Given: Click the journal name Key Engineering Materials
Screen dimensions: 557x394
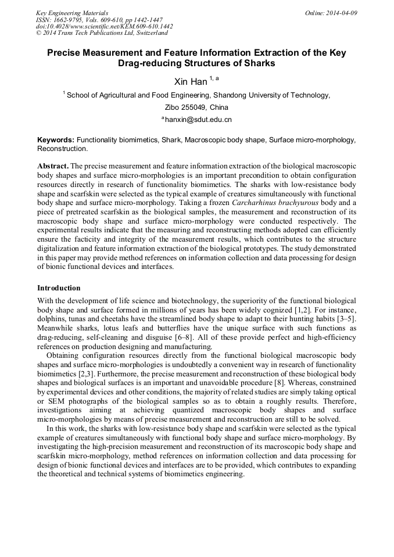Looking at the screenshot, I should coord(72,13).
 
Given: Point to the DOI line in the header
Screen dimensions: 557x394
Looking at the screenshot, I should coord(104,26).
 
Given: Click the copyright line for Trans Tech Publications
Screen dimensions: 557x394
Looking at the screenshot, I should coord(102,33).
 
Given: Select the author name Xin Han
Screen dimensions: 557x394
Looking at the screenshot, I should coord(190,82).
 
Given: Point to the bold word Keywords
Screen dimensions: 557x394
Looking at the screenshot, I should coord(55,141).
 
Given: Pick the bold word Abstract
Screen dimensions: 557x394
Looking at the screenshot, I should coord(53,166).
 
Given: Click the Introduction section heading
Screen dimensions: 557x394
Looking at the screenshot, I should coord(59,288).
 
